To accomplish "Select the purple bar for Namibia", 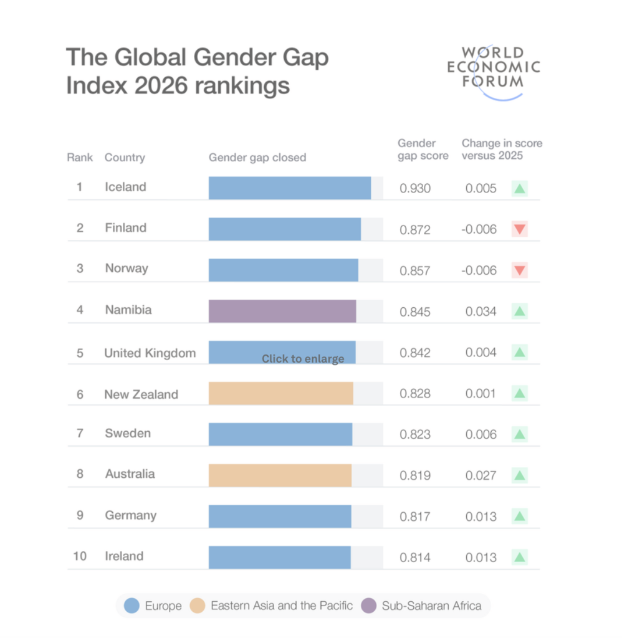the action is pyautogui.click(x=282, y=312).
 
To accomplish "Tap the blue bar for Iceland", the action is pyautogui.click(x=290, y=188).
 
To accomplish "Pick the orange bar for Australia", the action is pyautogui.click(x=280, y=475).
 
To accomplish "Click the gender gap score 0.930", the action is pyautogui.click(x=415, y=188).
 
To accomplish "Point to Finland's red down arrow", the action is pyautogui.click(x=519, y=229).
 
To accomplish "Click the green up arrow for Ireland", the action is pyautogui.click(x=519, y=557).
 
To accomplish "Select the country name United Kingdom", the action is pyautogui.click(x=150, y=353).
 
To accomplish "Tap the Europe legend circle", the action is pyautogui.click(x=132, y=606).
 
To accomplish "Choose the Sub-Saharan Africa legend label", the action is pyautogui.click(x=431, y=606).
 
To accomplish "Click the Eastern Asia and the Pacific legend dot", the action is pyautogui.click(x=198, y=606).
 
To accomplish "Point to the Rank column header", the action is pyautogui.click(x=80, y=158).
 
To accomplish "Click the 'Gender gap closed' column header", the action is pyautogui.click(x=257, y=158).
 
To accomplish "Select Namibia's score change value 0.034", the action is pyautogui.click(x=481, y=312).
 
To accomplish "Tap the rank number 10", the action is pyautogui.click(x=80, y=556).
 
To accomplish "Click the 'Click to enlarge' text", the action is pyautogui.click(x=303, y=358).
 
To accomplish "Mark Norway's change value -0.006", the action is pyautogui.click(x=479, y=270).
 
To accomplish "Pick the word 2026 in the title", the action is pyautogui.click(x=161, y=85).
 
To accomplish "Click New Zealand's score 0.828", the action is pyautogui.click(x=415, y=394).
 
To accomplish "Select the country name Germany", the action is pyautogui.click(x=131, y=515).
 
